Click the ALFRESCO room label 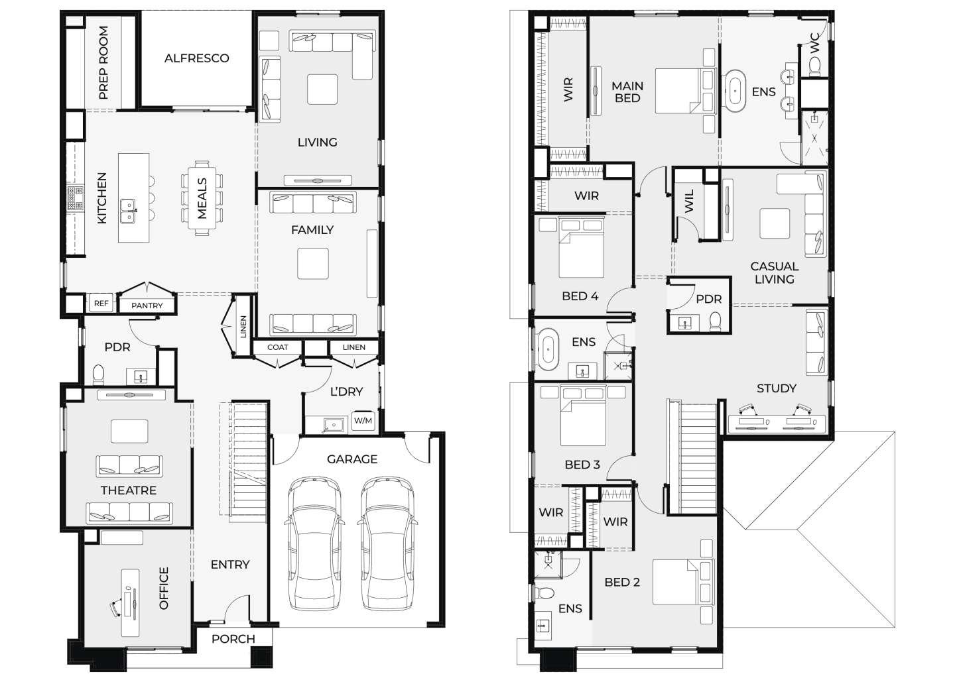coord(196,58)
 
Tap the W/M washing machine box coord(363,421)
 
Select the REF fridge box coord(101,304)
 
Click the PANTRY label coord(147,306)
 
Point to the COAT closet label coord(277,347)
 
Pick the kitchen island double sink coord(128,211)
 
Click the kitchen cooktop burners coord(76,198)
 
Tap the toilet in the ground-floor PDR coord(98,374)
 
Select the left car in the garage coord(314,542)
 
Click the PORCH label coord(233,639)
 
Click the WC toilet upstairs coord(814,67)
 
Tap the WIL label coord(689,201)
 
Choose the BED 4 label coord(580,296)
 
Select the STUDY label coord(777,388)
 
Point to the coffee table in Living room coord(322,89)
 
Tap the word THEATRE coord(129,490)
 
